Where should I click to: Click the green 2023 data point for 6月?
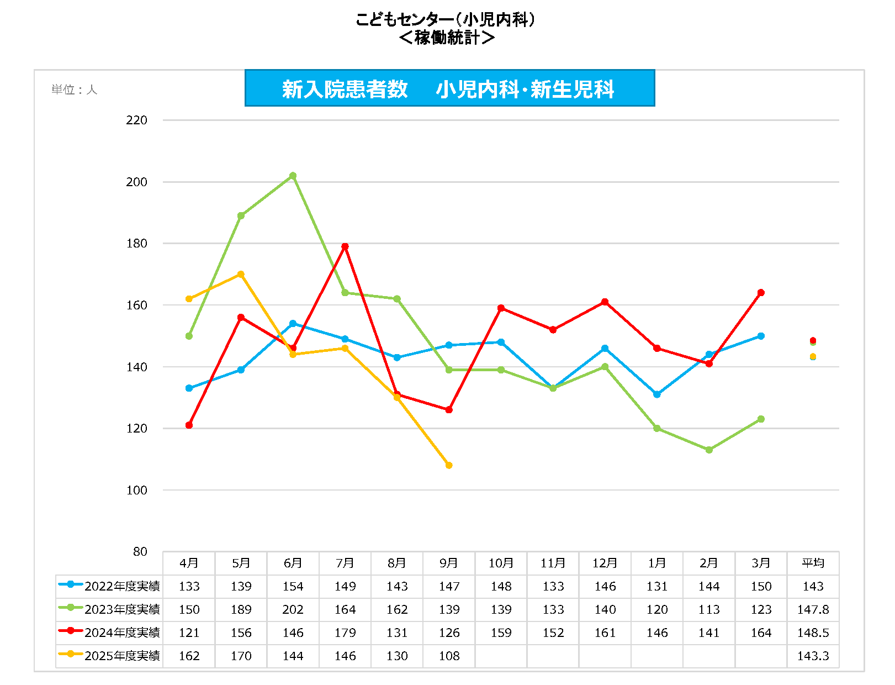pyautogui.click(x=293, y=176)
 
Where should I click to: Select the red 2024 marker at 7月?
pyautogui.click(x=345, y=246)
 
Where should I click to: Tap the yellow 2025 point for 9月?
pyautogui.click(x=449, y=465)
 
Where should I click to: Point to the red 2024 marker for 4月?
pyautogui.click(x=189, y=425)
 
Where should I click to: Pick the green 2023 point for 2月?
pyautogui.click(x=709, y=450)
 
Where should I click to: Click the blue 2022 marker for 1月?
pyautogui.click(x=657, y=394)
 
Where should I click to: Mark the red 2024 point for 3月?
pyautogui.click(x=761, y=293)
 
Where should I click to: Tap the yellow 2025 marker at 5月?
pyautogui.click(x=241, y=274)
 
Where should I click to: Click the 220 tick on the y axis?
pyautogui.click(x=136, y=120)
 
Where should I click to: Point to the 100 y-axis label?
pyautogui.click(x=136, y=490)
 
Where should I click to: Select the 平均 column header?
pyautogui.click(x=813, y=563)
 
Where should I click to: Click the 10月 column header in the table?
pyautogui.click(x=501, y=563)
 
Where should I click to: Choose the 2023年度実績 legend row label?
pyautogui.click(x=122, y=609)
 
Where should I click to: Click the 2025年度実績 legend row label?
pyautogui.click(x=122, y=656)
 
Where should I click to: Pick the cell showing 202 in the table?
pyautogui.click(x=293, y=609)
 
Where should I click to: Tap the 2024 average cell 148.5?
pyautogui.click(x=813, y=633)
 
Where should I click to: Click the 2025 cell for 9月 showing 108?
pyautogui.click(x=449, y=656)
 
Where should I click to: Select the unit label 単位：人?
pyautogui.click(x=74, y=89)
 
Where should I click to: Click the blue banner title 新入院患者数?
pyautogui.click(x=345, y=89)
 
